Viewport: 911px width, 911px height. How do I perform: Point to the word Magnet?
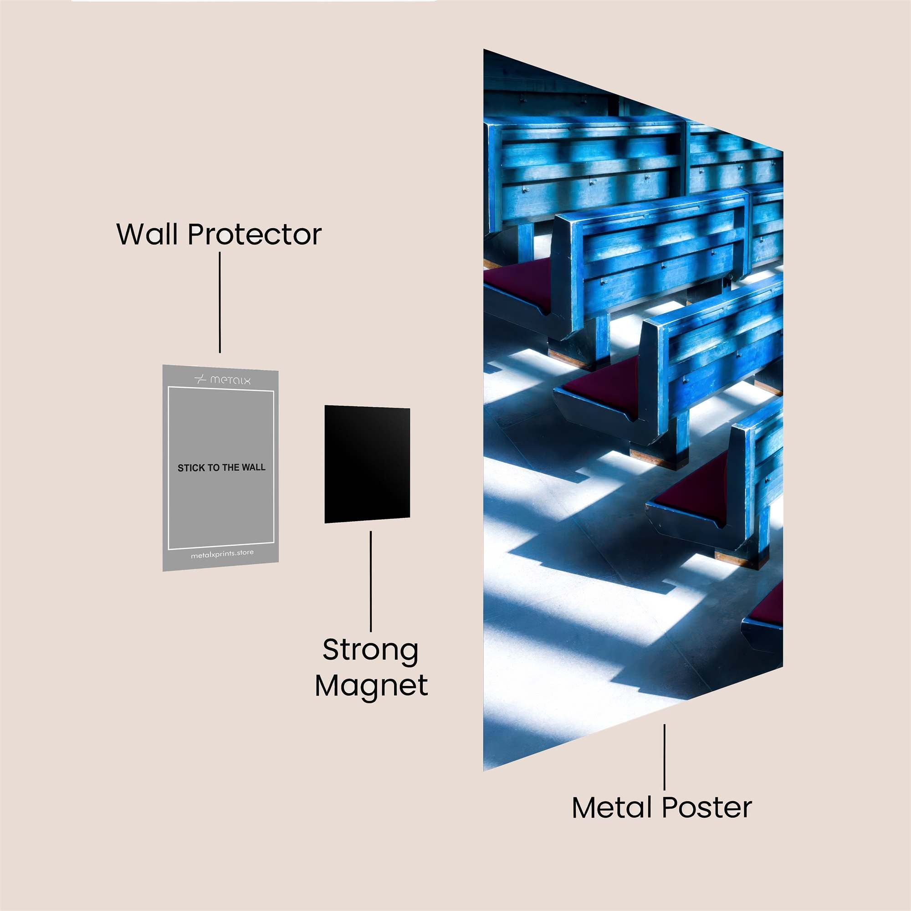[x=372, y=686]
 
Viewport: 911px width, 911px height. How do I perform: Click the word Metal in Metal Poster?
[x=613, y=807]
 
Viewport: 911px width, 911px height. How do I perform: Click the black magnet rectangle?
[x=367, y=464]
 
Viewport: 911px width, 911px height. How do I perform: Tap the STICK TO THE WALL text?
[x=222, y=468]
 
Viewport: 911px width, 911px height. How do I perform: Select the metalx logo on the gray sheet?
[x=223, y=379]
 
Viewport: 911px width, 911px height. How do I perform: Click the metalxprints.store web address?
[x=222, y=554]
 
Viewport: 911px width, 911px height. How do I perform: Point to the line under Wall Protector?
[x=220, y=302]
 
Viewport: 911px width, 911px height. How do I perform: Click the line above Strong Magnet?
[x=371, y=581]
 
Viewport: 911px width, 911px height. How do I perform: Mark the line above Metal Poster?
[x=665, y=757]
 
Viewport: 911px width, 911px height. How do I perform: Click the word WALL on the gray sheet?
[x=254, y=467]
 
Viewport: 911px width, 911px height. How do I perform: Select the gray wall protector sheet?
[x=220, y=468]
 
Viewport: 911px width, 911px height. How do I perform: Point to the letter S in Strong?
[x=331, y=651]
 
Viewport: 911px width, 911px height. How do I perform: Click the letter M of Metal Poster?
[x=584, y=808]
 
